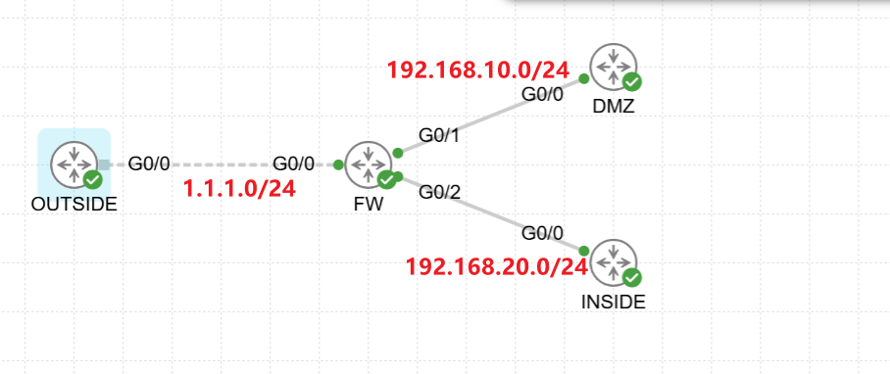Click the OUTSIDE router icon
coord(74,164)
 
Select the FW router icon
coord(368,164)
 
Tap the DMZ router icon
coord(613,68)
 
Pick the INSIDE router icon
coord(613,263)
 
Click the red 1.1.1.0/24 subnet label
coord(239,189)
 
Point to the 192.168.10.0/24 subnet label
coord(478,70)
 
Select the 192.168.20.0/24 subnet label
coord(497,266)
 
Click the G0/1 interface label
coord(439,135)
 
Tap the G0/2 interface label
coord(439,192)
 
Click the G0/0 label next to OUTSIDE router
coord(149,164)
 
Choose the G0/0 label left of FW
coord(293,164)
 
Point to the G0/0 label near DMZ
coord(543,94)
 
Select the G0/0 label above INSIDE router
coord(543,233)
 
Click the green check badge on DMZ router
coord(632,83)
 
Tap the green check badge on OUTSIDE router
coord(92,180)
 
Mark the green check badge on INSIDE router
coord(632,278)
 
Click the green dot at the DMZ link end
coord(583,78)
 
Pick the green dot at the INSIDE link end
coord(583,251)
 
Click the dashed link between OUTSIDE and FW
coord(221,164)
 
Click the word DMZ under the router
coord(613,106)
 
